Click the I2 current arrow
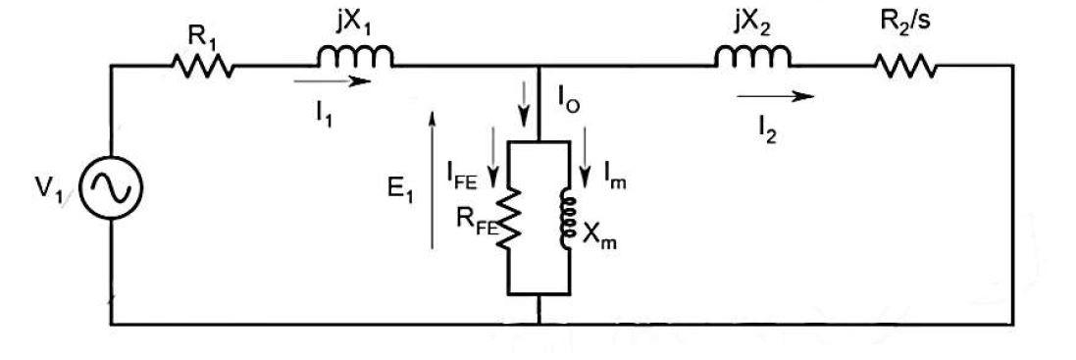click(776, 96)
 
